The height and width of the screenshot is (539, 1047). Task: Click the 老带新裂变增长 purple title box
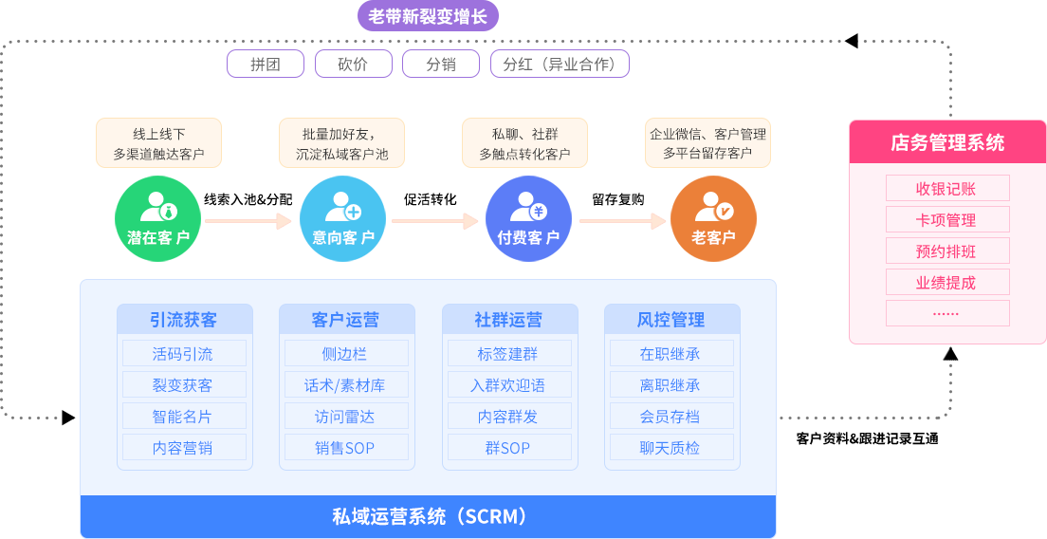click(x=427, y=16)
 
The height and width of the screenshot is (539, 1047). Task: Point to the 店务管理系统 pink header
click(x=946, y=143)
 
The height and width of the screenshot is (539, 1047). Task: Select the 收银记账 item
click(x=946, y=188)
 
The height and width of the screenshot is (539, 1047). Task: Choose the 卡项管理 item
click(x=946, y=219)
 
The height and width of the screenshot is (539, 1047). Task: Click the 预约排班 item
click(x=946, y=251)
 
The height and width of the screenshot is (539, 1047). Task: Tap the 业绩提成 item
click(x=946, y=282)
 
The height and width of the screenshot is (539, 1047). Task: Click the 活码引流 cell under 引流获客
click(x=184, y=354)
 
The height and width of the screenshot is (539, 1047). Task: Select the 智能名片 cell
click(x=184, y=417)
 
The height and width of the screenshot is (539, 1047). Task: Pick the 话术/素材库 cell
click(x=346, y=385)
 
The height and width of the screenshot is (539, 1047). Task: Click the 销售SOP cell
click(x=346, y=448)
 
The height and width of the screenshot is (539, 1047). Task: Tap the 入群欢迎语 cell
click(x=509, y=385)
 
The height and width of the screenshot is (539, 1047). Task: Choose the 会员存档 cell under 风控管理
click(x=671, y=417)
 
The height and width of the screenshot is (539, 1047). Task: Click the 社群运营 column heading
click(x=509, y=320)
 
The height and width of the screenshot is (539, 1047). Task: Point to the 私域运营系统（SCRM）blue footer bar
click(x=428, y=517)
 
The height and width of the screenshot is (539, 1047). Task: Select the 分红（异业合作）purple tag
click(x=560, y=64)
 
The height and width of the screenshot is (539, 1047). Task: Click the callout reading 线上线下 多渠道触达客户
click(x=158, y=143)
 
